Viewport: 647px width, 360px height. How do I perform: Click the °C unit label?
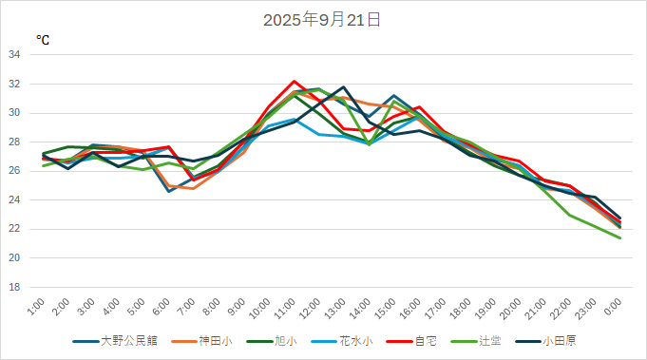(43, 40)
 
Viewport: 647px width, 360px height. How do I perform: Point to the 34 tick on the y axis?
(14, 55)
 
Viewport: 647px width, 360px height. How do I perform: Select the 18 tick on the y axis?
(14, 287)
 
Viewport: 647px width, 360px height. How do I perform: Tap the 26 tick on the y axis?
(14, 171)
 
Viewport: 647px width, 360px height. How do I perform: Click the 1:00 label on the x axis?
(36, 307)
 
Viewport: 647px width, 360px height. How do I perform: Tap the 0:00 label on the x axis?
(613, 307)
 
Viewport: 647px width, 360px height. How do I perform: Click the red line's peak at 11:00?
(295, 82)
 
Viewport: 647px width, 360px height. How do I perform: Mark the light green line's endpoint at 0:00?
(620, 237)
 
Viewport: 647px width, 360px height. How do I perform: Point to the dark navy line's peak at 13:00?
(344, 87)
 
